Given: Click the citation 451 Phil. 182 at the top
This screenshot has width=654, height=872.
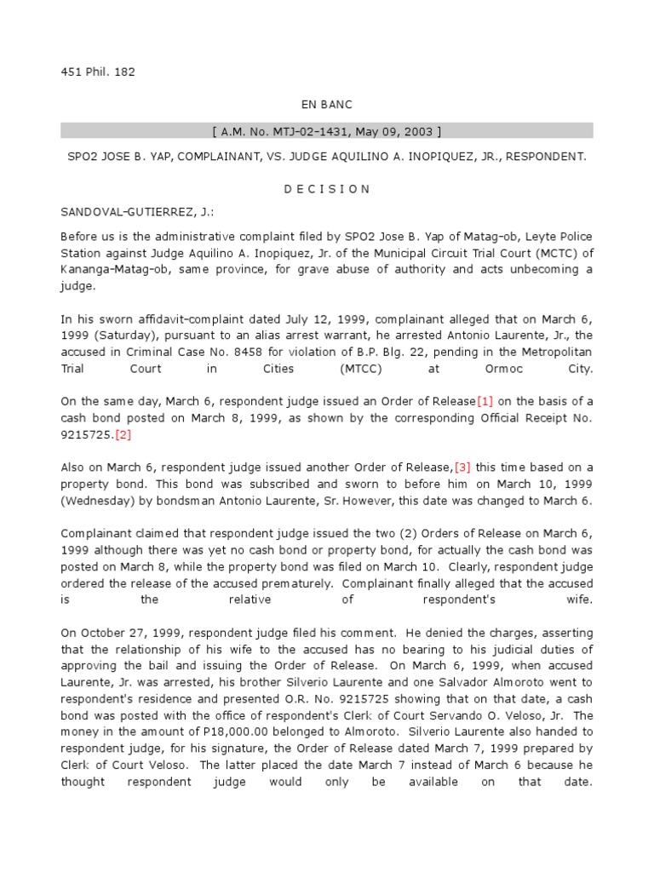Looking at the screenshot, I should [98, 72].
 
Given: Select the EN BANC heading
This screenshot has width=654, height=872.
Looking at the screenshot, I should [326, 104].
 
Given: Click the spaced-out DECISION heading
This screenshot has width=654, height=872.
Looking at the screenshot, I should [326, 189].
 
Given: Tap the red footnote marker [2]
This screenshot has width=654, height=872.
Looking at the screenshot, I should [124, 434].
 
